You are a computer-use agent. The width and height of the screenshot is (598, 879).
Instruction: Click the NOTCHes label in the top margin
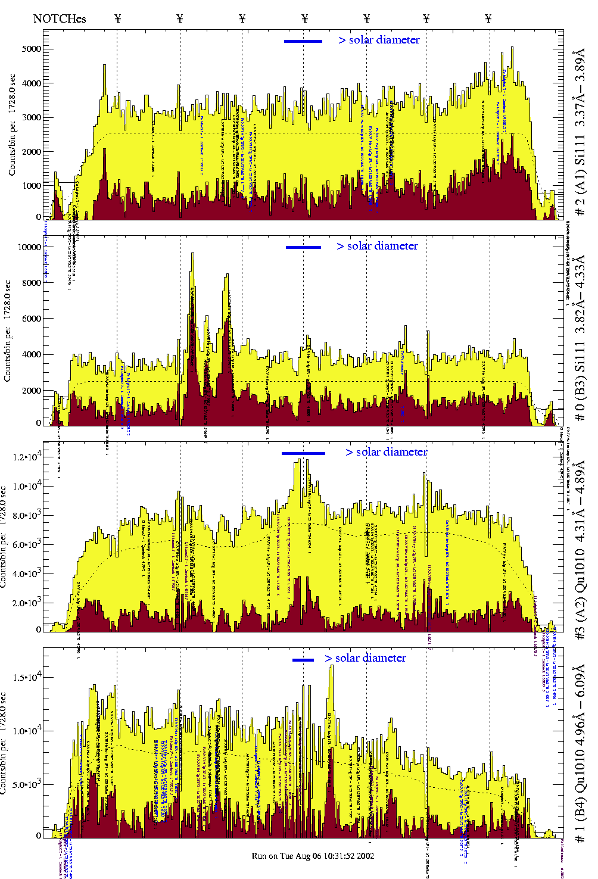click(60, 18)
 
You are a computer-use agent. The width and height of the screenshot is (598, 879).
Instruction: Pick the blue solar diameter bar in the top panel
click(303, 41)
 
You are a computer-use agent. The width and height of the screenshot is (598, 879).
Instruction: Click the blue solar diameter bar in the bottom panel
click(303, 660)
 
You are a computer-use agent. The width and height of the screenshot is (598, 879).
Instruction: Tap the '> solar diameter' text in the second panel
click(377, 246)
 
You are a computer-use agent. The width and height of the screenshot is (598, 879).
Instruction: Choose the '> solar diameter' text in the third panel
click(386, 452)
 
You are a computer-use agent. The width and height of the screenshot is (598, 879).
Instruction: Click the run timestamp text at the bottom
click(313, 856)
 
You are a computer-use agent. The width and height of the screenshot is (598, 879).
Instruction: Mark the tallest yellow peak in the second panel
click(192, 255)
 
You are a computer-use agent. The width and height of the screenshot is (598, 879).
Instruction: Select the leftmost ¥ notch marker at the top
click(117, 18)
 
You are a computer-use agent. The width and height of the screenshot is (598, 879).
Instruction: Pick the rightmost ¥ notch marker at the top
click(488, 18)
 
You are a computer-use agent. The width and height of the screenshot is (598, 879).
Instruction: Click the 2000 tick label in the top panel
click(32, 151)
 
